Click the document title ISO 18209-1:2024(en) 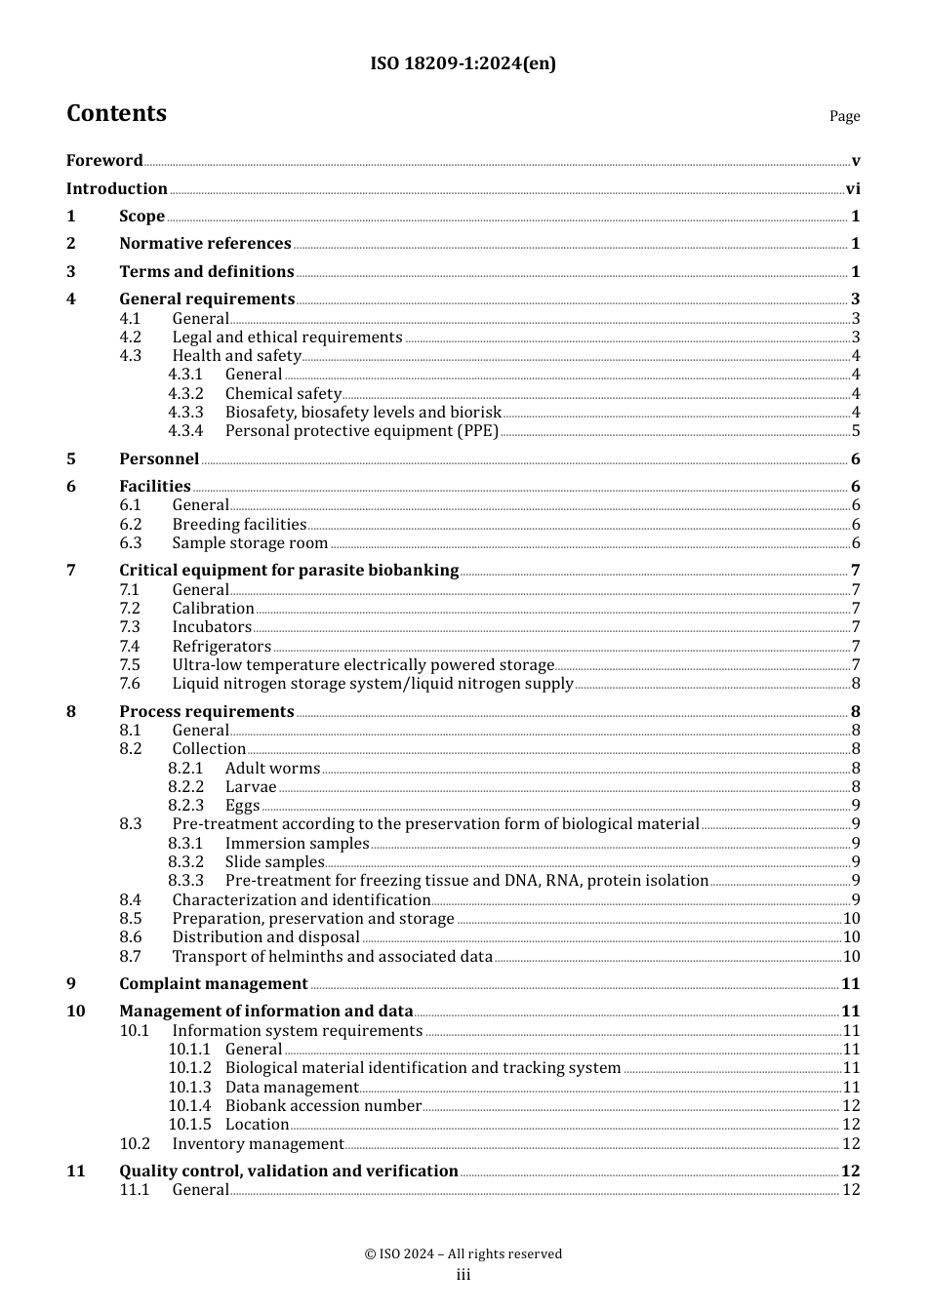pos(463,64)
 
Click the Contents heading pos(116,114)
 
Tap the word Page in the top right pos(844,116)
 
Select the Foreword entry pos(104,161)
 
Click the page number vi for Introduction pos(853,189)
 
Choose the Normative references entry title pos(205,244)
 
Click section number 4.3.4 pos(185,431)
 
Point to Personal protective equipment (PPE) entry pos(361,431)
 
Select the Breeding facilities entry pos(239,525)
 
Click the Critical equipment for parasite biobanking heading pos(289,571)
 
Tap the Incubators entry pos(212,627)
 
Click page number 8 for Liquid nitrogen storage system pos(856,684)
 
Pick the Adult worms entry pos(272,769)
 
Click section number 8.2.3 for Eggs pos(185,806)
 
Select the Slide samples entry pos(274,862)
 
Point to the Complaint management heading pos(214,984)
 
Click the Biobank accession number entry pos(323,1106)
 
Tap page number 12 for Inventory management pos(851,1144)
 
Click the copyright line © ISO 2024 pos(463,1254)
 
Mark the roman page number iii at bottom pos(463,1275)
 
